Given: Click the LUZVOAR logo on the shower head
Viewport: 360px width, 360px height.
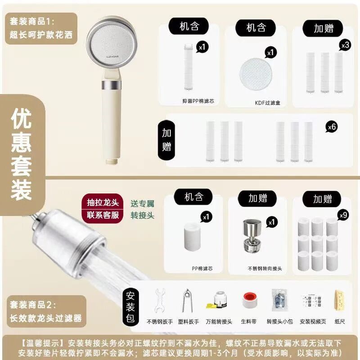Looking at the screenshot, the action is [x=112, y=56].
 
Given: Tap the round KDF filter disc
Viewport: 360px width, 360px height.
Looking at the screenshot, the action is [x=256, y=74].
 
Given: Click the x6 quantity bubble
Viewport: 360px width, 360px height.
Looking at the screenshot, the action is [x=332, y=127].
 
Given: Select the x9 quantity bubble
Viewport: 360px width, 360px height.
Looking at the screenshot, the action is [x=343, y=215].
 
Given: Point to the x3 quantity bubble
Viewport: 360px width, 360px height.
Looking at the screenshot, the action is [x=345, y=45].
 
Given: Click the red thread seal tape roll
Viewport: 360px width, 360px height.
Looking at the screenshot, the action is [x=249, y=300].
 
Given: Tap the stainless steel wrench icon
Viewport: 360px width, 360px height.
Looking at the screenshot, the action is [x=160, y=300].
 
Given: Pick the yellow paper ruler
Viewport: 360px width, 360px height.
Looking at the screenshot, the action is [x=340, y=301].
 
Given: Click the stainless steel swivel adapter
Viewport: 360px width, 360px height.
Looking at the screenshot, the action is [x=252, y=235].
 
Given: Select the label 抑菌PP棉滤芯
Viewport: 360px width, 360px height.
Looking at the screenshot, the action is [x=198, y=101].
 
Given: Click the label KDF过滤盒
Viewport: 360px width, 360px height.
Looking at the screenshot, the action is [x=268, y=103].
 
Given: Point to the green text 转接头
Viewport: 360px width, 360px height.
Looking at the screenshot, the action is [x=142, y=216].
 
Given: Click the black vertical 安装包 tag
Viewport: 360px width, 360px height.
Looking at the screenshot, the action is [x=130, y=307].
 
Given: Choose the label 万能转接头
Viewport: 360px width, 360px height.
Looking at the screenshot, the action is [x=219, y=322].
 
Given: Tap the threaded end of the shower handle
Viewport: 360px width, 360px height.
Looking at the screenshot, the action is [x=112, y=161].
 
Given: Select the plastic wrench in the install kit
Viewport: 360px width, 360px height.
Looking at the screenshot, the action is [x=187, y=300].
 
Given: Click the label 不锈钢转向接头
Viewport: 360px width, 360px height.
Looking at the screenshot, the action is [x=265, y=268].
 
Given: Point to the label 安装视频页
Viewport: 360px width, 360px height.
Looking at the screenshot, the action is [x=313, y=322].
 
